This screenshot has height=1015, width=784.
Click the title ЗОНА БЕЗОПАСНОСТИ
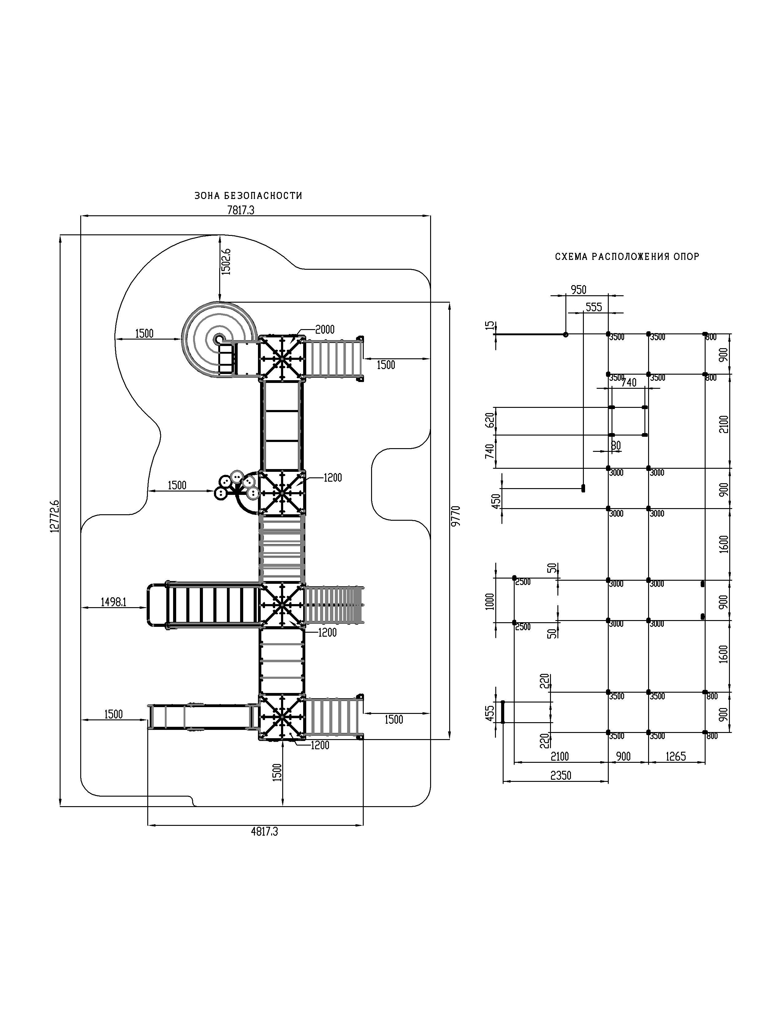coord(248,196)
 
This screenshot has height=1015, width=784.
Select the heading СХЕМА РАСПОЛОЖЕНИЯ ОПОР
coord(627,257)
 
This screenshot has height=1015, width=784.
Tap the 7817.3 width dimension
coord(241,210)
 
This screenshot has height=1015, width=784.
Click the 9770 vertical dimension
coord(456,516)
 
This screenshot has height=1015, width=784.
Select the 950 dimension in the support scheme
coord(578,290)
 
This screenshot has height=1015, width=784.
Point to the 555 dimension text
coord(594,307)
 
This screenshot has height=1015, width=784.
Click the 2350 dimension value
coord(560,776)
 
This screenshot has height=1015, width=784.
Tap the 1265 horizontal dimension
coord(675,757)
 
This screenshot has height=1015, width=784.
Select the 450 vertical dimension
coord(497,501)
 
